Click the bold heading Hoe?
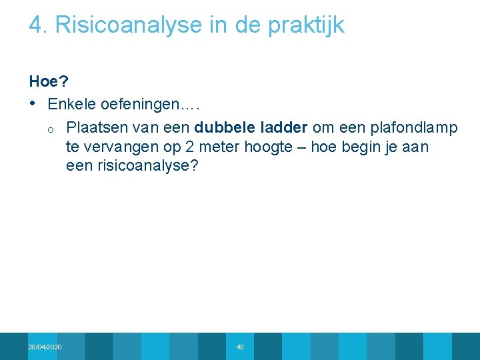pyautogui.click(x=49, y=81)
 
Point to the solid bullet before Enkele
pyautogui.click(x=33, y=105)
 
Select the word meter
pyautogui.click(x=194, y=147)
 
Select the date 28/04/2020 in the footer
pyautogui.click(x=45, y=347)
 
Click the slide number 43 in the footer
pyautogui.click(x=240, y=347)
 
